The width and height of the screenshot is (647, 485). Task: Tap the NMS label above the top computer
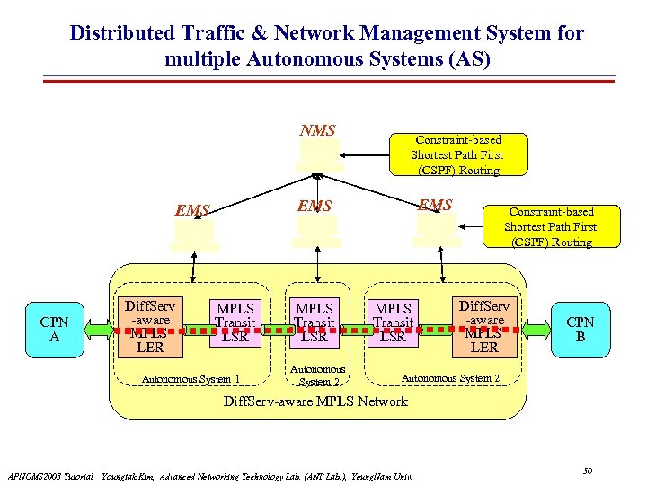(x=317, y=131)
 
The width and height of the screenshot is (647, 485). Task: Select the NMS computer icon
(x=320, y=156)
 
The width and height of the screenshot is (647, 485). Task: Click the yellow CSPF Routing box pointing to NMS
(x=456, y=154)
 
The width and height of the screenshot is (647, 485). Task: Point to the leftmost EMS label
(x=192, y=211)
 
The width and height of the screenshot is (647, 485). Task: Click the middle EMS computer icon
(x=316, y=231)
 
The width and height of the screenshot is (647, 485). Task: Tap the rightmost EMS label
(x=436, y=205)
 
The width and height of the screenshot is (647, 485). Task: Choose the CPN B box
(x=580, y=330)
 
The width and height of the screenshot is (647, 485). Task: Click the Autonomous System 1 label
(x=191, y=378)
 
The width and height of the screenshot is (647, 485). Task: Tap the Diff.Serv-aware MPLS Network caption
(x=315, y=401)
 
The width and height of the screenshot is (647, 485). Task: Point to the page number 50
(x=588, y=471)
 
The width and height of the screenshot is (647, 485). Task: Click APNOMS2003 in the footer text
(x=36, y=475)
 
